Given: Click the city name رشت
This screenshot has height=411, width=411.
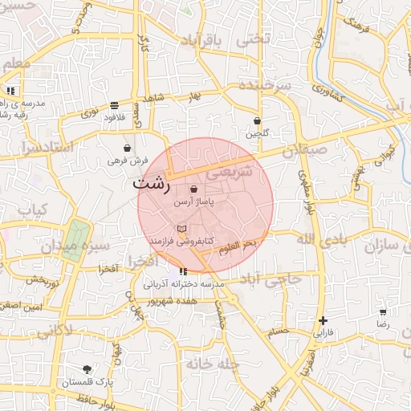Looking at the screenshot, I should coord(152,184).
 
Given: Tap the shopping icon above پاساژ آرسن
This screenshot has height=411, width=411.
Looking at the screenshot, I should coord(194,189).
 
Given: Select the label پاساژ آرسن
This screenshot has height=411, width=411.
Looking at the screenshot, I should coord(194,204).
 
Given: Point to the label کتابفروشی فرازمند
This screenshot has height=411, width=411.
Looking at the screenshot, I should coord(181,241).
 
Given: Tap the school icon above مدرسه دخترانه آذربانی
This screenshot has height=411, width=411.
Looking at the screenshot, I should coord(184,271).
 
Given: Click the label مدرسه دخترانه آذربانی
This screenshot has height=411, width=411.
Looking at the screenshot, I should coord(186,284).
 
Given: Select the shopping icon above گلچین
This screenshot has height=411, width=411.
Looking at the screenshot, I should coord(257,121).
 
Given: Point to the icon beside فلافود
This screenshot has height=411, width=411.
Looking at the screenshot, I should coord(114,105).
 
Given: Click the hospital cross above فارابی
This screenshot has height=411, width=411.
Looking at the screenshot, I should coord(323,319).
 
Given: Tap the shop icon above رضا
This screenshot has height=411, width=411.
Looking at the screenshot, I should coord(383,311).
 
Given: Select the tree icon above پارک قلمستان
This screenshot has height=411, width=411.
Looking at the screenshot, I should coord(87,370).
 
